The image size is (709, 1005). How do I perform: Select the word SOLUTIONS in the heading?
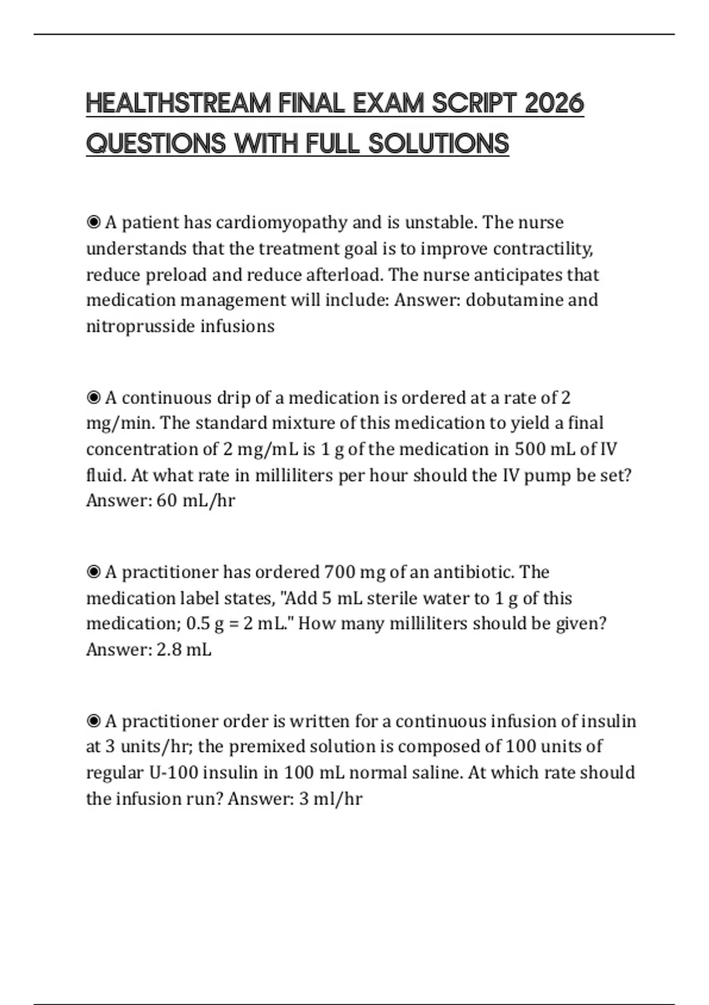(x=438, y=144)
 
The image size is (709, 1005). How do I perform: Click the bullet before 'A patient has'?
(x=93, y=223)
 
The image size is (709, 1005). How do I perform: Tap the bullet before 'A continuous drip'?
(x=93, y=398)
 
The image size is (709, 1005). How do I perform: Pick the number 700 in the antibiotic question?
(x=339, y=572)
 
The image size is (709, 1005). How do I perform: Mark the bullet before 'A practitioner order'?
(x=93, y=721)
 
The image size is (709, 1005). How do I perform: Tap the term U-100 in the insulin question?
(x=169, y=773)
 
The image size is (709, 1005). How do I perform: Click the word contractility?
(x=542, y=249)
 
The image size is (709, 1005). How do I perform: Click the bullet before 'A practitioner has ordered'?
(x=93, y=572)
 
